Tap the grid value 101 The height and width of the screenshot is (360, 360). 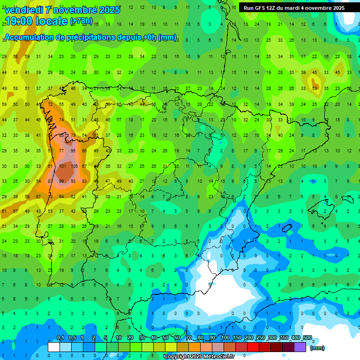point(62,166)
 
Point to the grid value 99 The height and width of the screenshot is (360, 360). point(62,181)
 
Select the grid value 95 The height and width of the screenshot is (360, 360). point(73,151)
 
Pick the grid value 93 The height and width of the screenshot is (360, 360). point(73,181)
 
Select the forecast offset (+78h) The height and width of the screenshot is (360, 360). point(82,22)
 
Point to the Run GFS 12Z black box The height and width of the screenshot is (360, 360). point(293,7)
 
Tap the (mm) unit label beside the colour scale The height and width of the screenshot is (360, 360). point(317,348)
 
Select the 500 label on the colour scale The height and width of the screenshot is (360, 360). point(307,338)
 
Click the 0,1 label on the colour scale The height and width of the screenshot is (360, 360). point(60,338)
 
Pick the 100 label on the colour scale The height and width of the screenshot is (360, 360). point(225,338)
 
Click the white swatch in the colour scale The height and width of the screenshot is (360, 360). point(54,347)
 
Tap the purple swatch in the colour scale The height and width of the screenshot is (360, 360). point(300,347)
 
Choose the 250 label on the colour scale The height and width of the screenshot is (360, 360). point(260,338)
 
